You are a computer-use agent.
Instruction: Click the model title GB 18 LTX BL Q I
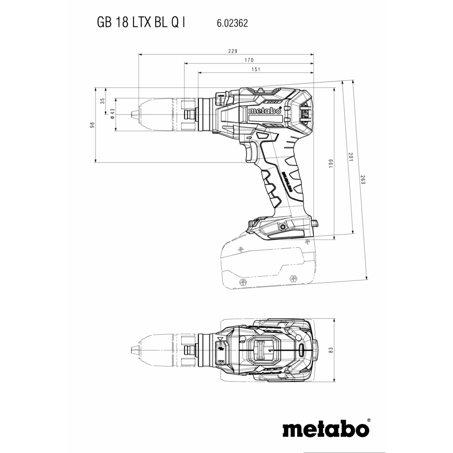(140, 23)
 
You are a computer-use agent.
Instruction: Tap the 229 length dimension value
(233, 51)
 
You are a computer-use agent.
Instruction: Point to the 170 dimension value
(249, 60)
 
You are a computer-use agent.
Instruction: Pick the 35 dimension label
(102, 101)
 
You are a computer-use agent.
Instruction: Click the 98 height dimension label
(92, 125)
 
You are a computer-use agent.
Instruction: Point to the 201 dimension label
(350, 156)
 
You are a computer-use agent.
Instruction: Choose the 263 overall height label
(363, 179)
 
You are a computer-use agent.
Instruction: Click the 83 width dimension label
(331, 351)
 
